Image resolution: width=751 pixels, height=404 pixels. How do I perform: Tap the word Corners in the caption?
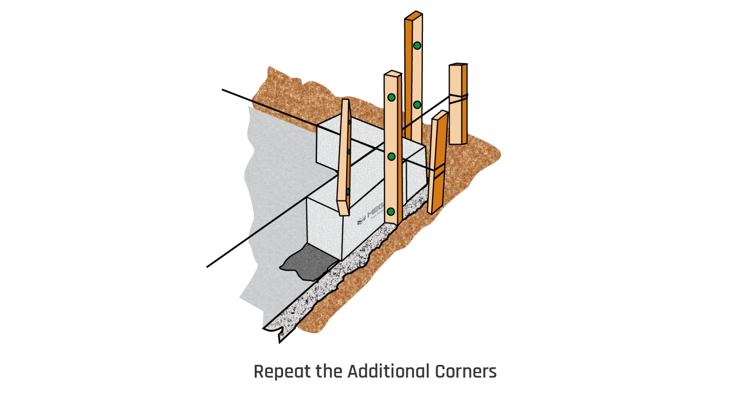(465, 372)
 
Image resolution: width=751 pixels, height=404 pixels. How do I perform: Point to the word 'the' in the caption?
(330, 372)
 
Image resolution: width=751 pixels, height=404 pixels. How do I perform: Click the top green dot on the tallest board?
(417, 45)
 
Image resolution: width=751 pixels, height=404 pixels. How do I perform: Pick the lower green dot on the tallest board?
(417, 105)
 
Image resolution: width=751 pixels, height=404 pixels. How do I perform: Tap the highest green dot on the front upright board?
(391, 97)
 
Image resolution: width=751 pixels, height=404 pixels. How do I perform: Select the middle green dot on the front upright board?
(391, 157)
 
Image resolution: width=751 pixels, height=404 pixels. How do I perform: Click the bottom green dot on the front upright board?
(391, 212)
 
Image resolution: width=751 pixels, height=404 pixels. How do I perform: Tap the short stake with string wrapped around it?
(458, 117)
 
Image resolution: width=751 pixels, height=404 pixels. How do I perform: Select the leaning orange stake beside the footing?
(438, 161)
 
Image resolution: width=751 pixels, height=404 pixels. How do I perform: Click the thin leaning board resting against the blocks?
(344, 157)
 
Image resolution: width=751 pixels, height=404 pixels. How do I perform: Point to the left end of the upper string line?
(223, 90)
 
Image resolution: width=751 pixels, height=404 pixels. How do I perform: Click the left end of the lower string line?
(208, 267)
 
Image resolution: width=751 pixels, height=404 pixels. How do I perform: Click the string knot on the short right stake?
(459, 97)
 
